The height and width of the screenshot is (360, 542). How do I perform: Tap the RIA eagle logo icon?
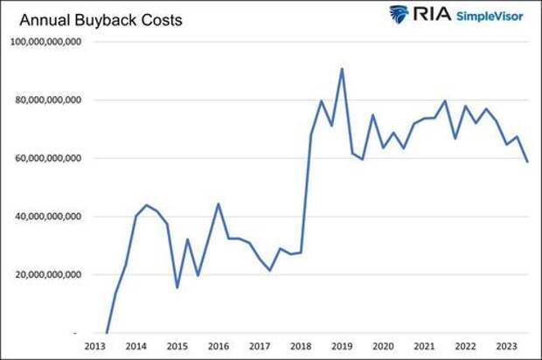tap(399, 15)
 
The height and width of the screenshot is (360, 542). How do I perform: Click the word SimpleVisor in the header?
tap(489, 16)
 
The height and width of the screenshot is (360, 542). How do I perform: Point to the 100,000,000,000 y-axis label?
tap(46, 43)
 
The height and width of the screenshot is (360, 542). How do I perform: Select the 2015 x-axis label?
tap(177, 347)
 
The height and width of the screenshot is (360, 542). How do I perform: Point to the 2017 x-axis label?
tap(260, 347)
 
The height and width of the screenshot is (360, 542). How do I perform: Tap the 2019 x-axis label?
tap(342, 347)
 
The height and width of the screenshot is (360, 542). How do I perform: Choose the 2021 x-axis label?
tap(424, 347)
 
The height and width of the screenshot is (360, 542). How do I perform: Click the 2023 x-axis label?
tap(506, 347)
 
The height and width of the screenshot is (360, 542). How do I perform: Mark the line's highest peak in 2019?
tap(342, 69)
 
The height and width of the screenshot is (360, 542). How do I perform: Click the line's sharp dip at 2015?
tap(177, 287)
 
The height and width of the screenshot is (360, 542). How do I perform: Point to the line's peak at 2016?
tap(219, 204)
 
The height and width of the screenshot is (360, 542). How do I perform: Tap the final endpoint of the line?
tap(528, 162)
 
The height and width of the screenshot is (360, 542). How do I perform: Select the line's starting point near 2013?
tap(106, 332)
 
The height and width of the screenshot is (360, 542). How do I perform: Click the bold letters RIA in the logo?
tap(429, 15)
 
